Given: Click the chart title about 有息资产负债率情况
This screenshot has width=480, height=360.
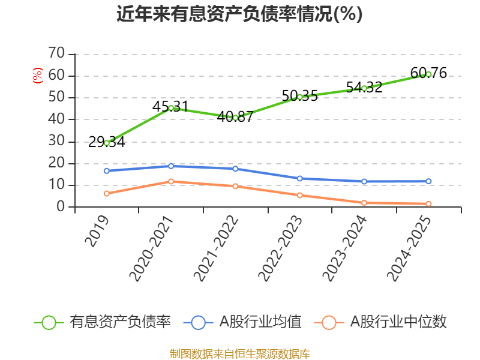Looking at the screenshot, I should tap(239, 14).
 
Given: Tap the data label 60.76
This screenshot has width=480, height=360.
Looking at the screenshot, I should tap(428, 73).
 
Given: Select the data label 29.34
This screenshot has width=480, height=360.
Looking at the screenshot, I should tap(107, 142).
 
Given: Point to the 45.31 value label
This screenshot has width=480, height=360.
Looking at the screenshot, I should tap(170, 107).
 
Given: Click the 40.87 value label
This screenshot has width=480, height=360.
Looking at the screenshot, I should tap(235, 117).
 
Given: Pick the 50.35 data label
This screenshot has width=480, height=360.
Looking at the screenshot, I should tap(300, 95).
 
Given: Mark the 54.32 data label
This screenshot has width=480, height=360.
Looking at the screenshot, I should tap(364, 87).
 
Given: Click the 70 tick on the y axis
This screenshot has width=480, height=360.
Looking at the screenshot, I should tap(56, 53).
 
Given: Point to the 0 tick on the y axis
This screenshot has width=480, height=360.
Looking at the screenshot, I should tap(61, 207).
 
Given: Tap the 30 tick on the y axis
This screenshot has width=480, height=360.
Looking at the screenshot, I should tap(56, 141).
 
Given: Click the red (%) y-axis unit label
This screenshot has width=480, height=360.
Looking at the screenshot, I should tap(38, 76).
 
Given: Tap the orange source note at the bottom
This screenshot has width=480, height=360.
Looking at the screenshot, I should tap(239, 353).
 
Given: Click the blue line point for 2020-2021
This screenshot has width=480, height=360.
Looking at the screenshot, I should tap(171, 166).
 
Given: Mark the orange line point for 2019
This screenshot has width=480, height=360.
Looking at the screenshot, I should tap(107, 194).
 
